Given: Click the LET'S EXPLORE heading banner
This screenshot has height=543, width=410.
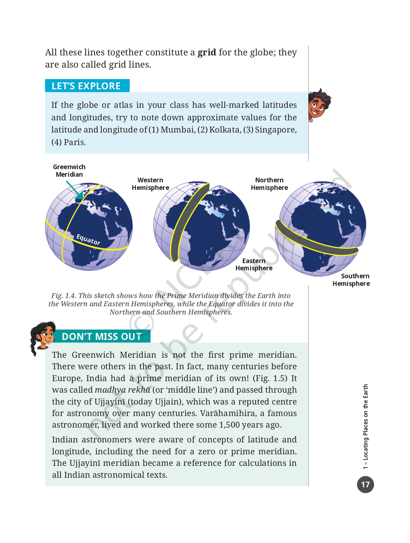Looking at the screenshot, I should [x=87, y=86].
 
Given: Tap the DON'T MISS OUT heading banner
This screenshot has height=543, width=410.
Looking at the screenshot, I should [x=102, y=337].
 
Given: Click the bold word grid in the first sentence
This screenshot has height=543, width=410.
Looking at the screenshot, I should [x=207, y=52].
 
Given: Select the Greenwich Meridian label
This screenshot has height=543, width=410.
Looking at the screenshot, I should [x=69, y=171].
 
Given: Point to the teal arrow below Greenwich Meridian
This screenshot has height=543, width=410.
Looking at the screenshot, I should [x=75, y=192].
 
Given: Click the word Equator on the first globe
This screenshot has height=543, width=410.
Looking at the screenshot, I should [x=88, y=240].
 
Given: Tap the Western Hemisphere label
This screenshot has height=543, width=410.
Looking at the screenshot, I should [x=150, y=184].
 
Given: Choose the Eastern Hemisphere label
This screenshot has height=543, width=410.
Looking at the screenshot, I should [x=254, y=264].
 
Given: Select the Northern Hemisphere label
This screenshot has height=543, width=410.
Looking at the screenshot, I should [x=269, y=184].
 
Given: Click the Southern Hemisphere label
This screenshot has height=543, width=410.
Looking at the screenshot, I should [x=351, y=280].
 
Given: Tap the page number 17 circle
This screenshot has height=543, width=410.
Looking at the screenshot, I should [x=365, y=485].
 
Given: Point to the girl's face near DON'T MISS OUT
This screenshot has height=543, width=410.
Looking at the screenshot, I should [x=45, y=336].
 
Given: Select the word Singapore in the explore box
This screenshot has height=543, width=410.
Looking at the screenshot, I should [x=275, y=130].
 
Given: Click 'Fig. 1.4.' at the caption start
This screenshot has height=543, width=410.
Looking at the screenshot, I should [x=64, y=296].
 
